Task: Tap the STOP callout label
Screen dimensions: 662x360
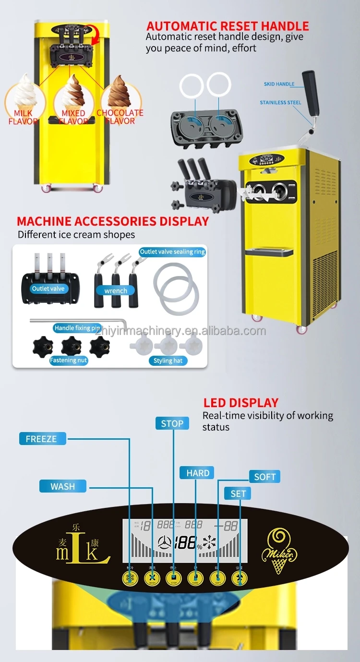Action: tap(172, 423)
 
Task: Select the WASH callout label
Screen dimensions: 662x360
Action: tap(62, 486)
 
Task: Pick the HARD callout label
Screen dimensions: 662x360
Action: tap(197, 473)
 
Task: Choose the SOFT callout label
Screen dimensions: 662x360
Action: tap(264, 477)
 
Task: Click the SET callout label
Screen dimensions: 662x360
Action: tap(238, 493)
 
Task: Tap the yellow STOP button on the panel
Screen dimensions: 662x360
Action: tap(173, 579)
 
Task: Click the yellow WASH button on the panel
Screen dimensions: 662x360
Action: tap(152, 579)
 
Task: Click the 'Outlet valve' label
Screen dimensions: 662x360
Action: tap(48, 289)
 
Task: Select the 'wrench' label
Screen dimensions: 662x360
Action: tap(116, 290)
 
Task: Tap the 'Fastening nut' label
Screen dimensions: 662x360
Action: tap(69, 360)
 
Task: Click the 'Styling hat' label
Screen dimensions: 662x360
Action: tap(168, 361)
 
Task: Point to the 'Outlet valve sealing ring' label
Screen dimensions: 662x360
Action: tap(172, 252)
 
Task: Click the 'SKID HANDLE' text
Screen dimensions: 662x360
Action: tap(279, 84)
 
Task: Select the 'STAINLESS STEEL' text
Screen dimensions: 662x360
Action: tap(280, 102)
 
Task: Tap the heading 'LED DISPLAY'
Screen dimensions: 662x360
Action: tap(240, 403)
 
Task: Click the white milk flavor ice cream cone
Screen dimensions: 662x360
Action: tap(23, 91)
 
